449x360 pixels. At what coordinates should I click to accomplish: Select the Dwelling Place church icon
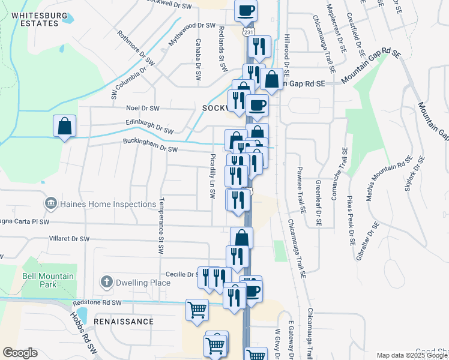106,281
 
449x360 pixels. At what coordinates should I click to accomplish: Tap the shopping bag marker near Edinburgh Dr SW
64,127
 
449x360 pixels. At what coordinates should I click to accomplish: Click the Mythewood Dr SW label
191,26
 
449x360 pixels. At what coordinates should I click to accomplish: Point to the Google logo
20,353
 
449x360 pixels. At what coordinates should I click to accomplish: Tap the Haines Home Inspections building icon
50,204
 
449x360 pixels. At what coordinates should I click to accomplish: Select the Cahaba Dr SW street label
197,60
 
